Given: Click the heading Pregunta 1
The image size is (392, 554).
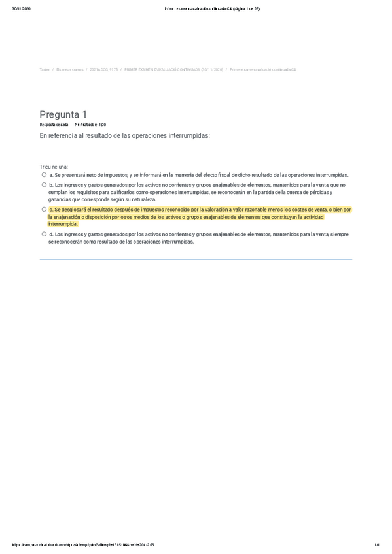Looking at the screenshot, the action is tap(63, 115).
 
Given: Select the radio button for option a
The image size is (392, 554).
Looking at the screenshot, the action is tap(44, 175).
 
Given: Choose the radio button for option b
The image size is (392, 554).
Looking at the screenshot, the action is tap(44, 185).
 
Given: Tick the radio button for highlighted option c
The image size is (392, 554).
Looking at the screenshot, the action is tap(44, 210).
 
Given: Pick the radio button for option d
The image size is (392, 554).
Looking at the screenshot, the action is tap(44, 234).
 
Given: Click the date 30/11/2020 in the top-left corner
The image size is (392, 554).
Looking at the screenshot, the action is tap(21, 8).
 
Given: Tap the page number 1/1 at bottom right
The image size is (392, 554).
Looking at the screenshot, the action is tap(377, 545).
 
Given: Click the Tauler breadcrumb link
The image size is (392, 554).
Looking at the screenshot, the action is tap(45, 69).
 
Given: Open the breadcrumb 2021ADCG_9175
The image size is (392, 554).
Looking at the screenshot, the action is tap(103, 69).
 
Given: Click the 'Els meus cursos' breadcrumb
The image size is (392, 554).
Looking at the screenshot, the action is tap(70, 69).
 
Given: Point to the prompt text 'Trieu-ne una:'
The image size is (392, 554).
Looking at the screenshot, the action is tap(54, 167).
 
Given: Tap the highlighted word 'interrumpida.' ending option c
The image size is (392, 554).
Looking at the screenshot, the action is tap(63, 224).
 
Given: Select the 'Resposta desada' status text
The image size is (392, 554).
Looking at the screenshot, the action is tap(54, 124).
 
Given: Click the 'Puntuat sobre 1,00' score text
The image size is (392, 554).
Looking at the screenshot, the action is tap(90, 124).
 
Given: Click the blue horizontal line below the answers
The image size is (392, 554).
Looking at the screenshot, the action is tap(196, 259).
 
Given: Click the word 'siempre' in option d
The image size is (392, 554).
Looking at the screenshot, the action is tap(340, 234).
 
